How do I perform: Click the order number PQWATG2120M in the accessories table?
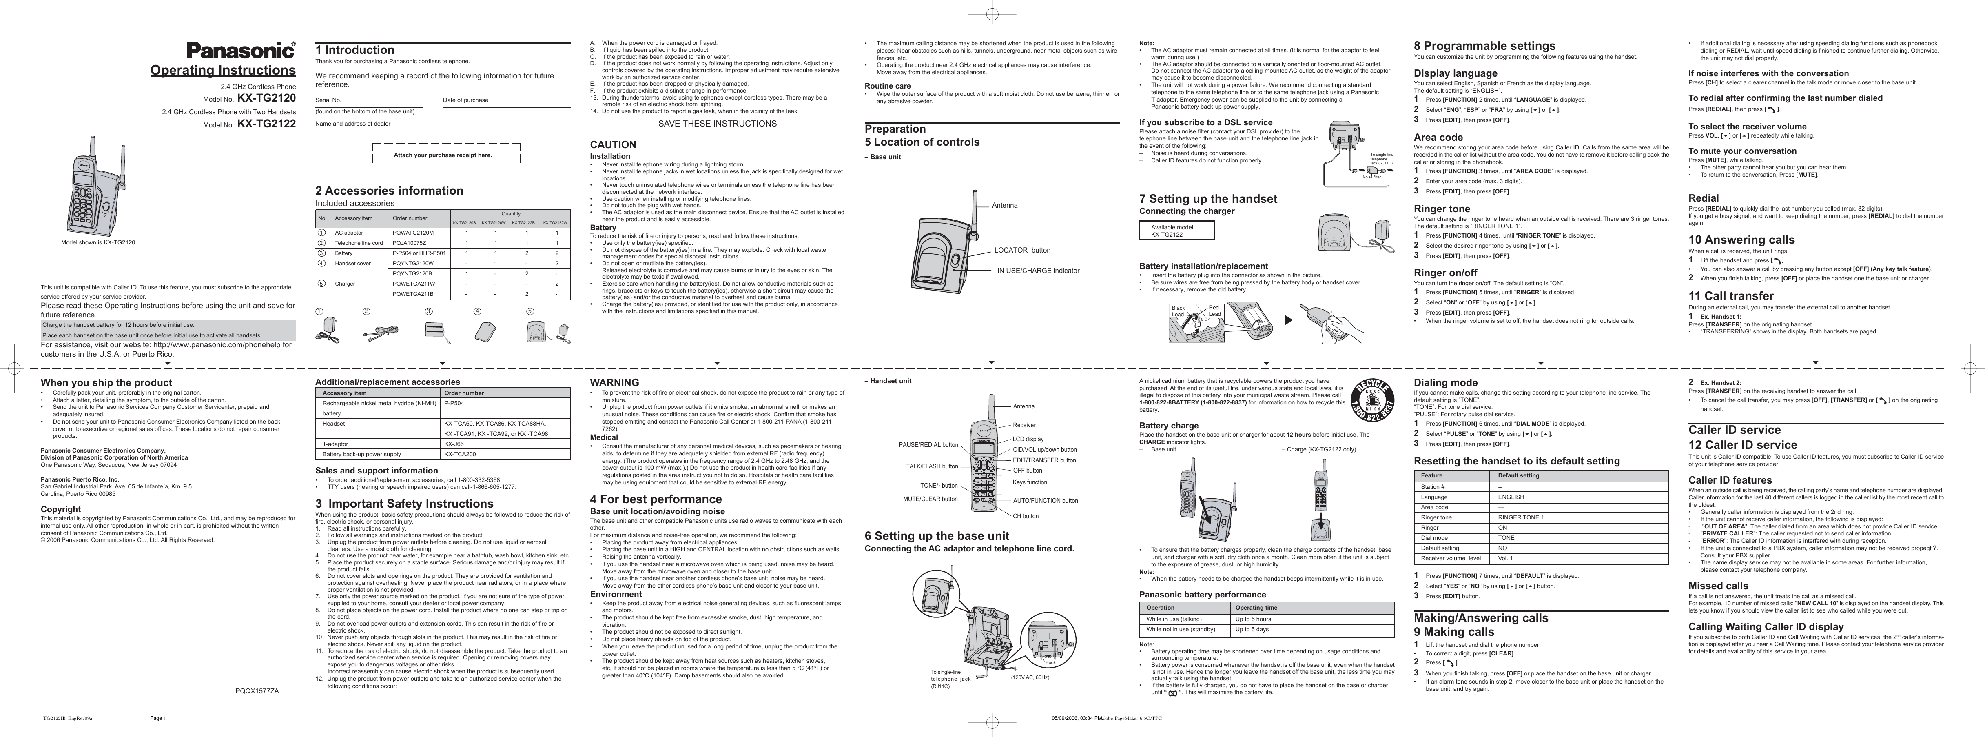pyautogui.click(x=414, y=233)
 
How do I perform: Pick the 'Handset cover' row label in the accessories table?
pyautogui.click(x=353, y=264)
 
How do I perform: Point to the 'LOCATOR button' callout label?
pyautogui.click(x=1022, y=251)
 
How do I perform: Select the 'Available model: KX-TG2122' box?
pyautogui.click(x=1176, y=231)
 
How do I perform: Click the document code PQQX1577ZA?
pyautogui.click(x=257, y=691)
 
